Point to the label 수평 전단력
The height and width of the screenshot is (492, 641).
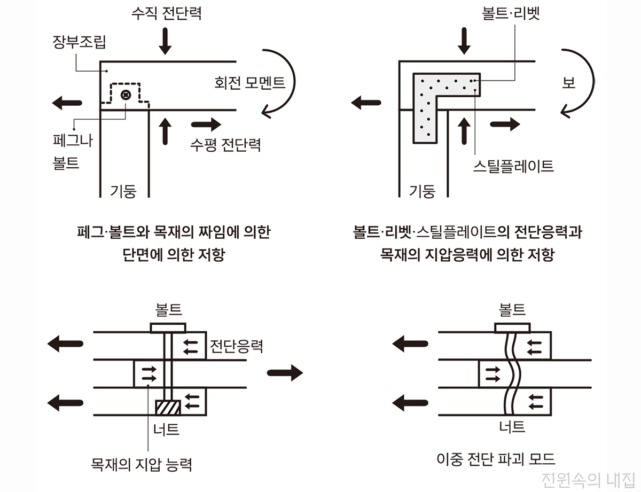[x=225, y=145]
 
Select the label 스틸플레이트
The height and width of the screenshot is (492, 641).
[x=513, y=166]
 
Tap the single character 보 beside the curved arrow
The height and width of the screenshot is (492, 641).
[x=569, y=83]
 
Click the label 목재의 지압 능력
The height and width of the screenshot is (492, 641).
[x=142, y=463]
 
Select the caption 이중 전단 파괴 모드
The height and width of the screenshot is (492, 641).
[x=496, y=458]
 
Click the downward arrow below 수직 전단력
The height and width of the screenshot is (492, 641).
[x=166, y=42]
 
